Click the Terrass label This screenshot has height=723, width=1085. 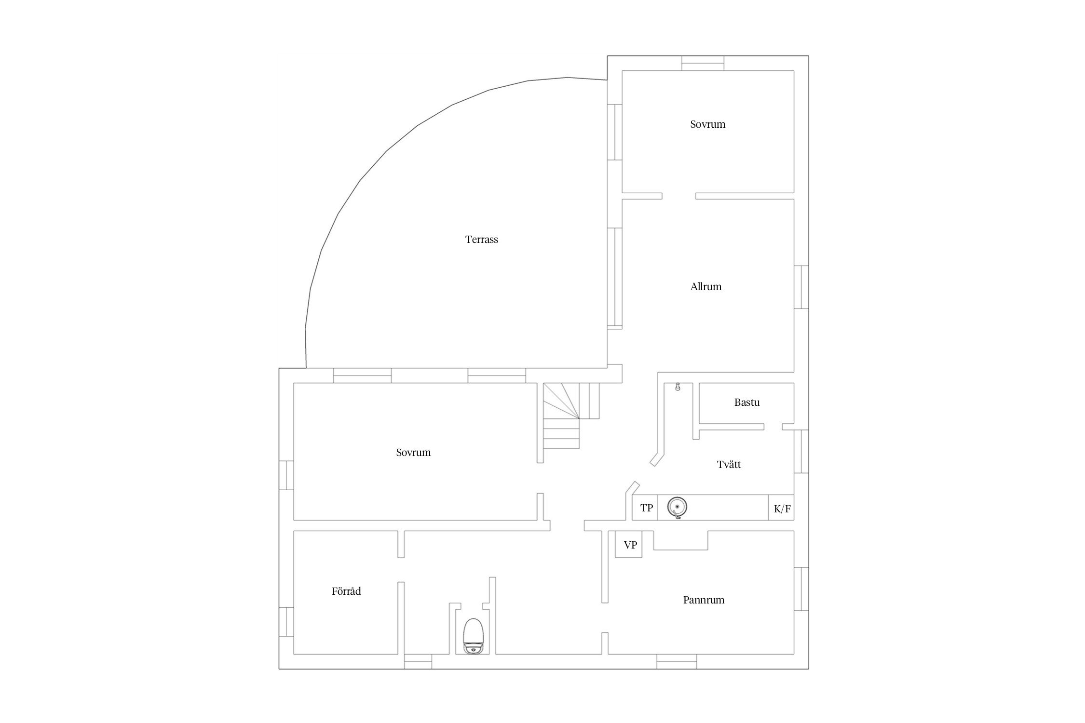[x=481, y=239]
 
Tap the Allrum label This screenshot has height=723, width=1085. [x=705, y=287]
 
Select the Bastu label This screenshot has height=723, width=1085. [x=746, y=402]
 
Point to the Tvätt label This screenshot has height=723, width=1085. [x=729, y=465]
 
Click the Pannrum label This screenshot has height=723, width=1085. [x=704, y=600]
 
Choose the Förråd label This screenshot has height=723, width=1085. [x=346, y=591]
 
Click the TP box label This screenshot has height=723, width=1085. [x=647, y=508]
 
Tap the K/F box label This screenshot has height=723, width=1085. [x=782, y=509]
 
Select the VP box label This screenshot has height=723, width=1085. [x=630, y=545]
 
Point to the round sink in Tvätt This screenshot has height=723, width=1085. [x=677, y=508]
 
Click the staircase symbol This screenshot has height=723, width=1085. [x=571, y=416]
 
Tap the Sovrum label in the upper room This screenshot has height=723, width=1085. [x=707, y=124]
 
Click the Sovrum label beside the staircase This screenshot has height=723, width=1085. [x=413, y=453]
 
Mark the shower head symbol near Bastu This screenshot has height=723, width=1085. [x=677, y=387]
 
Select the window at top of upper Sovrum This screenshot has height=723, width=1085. [x=703, y=63]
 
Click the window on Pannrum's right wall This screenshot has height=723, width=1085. [x=801, y=589]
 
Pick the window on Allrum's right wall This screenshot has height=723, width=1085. [x=801, y=287]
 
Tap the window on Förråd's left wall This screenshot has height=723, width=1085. [x=286, y=622]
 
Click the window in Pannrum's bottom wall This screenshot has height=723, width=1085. [x=677, y=662]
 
